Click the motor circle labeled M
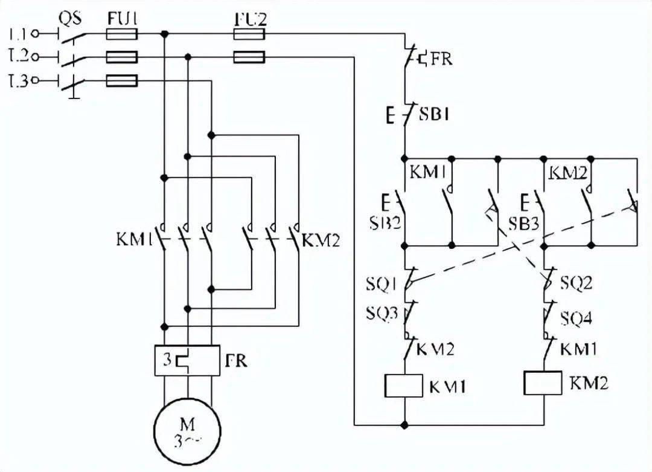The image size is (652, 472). [188, 432]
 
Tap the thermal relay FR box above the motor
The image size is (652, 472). [187, 360]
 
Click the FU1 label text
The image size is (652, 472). [123, 18]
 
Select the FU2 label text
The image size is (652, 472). [251, 19]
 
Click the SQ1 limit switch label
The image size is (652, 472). [380, 283]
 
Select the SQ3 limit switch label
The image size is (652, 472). [380, 313]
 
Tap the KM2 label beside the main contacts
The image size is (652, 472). [321, 242]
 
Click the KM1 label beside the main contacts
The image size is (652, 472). [133, 240]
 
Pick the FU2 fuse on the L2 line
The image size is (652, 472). [249, 57]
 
